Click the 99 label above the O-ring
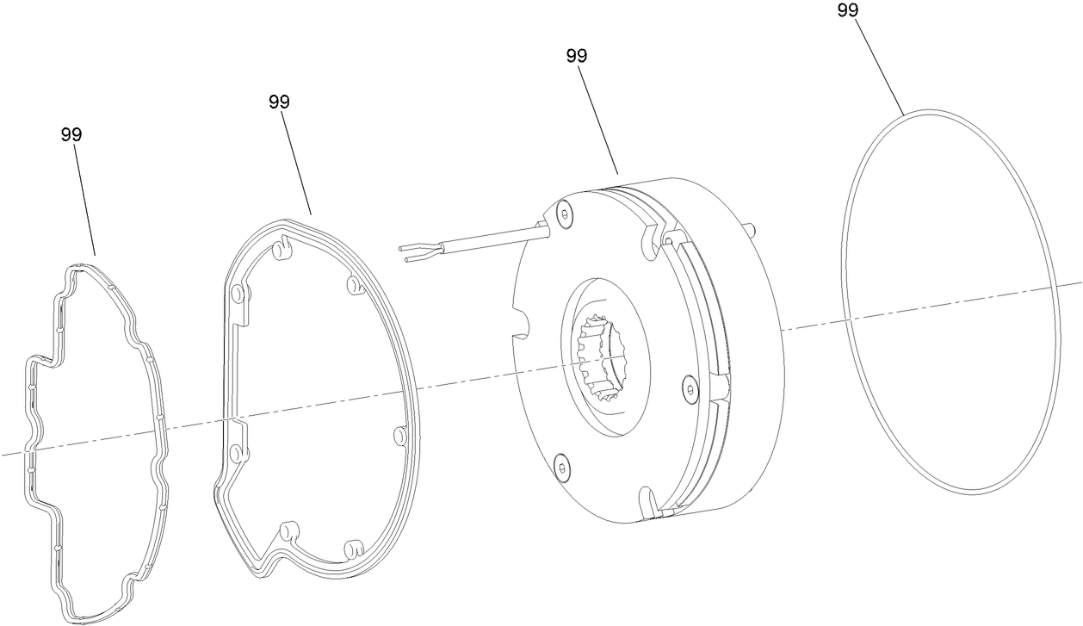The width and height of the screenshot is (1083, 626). pyautogui.click(x=848, y=10)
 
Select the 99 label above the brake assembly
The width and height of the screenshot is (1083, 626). pyautogui.click(x=577, y=56)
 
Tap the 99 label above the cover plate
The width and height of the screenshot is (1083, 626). pyautogui.click(x=279, y=102)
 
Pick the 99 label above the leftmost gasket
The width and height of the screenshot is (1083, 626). pyautogui.click(x=71, y=135)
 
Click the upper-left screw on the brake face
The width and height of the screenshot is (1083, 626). pyautogui.click(x=564, y=215)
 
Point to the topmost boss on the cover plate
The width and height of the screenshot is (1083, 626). pyautogui.click(x=279, y=251)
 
